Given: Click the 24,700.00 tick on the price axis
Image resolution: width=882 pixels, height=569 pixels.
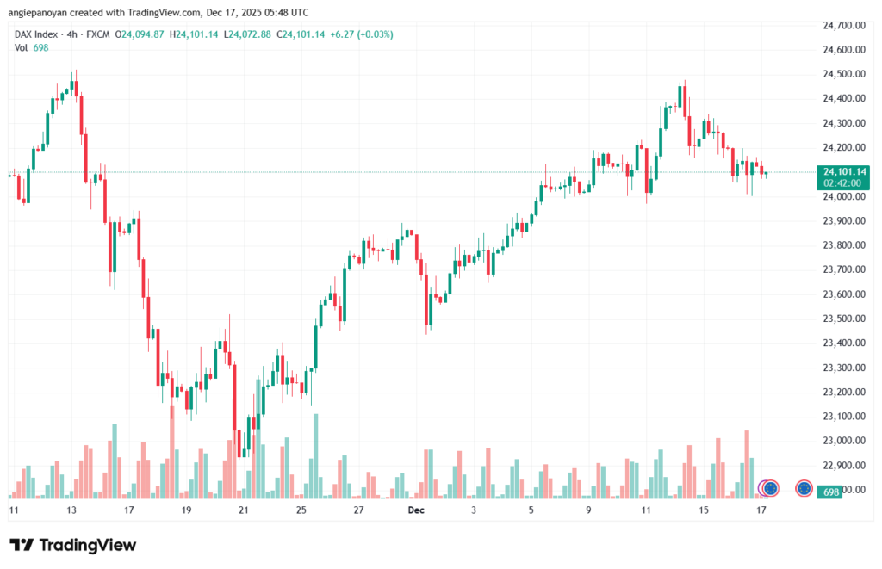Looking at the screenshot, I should pyautogui.click(x=843, y=26).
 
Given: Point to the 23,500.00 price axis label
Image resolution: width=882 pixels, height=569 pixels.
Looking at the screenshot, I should pyautogui.click(x=843, y=319).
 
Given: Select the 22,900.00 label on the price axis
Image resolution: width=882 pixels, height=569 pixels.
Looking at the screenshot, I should pyautogui.click(x=843, y=465).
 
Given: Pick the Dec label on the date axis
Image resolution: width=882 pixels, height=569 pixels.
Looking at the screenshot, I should pyautogui.click(x=416, y=510).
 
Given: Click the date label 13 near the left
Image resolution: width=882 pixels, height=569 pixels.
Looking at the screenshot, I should pyautogui.click(x=71, y=510).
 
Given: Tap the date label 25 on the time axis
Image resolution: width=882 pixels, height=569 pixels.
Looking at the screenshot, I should pyautogui.click(x=301, y=510).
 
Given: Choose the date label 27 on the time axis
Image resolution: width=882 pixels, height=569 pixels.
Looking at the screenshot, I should pyautogui.click(x=358, y=510).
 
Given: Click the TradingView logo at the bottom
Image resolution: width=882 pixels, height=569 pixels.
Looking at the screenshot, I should pyautogui.click(x=72, y=545).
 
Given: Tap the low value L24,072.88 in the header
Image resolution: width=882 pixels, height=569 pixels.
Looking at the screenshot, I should pyautogui.click(x=253, y=34).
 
